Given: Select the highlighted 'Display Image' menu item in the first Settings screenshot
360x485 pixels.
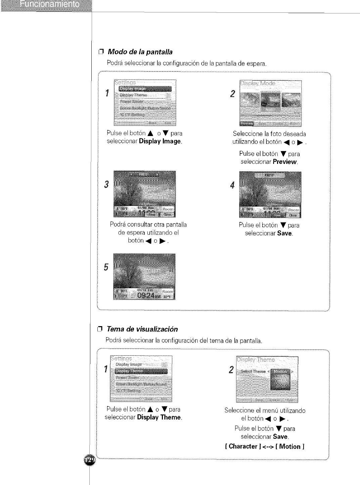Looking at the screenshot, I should pos(145,89).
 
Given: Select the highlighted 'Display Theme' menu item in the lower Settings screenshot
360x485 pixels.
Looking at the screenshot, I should pos(141,371).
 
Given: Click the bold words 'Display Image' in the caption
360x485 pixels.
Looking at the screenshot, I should pos(160,141).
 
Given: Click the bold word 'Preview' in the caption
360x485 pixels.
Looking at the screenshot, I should pos(285,162).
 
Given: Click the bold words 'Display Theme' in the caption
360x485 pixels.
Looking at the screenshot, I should pos(159,417).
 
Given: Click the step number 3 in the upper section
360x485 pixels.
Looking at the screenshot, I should pos(106,184).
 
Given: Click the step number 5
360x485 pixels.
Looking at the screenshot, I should pos(106,267).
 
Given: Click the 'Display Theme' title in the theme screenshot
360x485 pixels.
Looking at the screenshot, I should pos(256,360).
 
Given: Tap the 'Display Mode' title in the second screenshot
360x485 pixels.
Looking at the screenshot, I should pos(258,83).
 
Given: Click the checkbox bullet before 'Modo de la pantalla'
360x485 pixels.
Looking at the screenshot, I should pos(100,52).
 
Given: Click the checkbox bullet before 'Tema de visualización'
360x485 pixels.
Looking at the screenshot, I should pos(99,329).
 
